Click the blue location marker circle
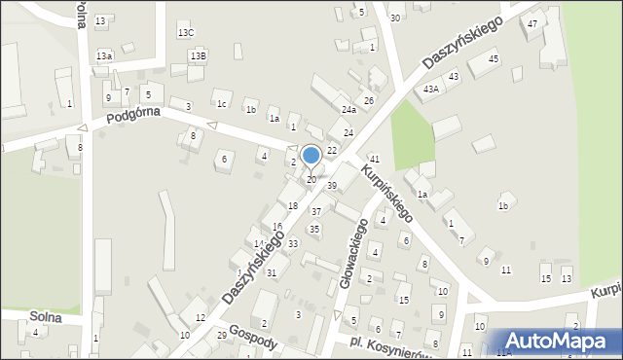click(x=311, y=155)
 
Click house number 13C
click(x=186, y=33)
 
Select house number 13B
click(x=198, y=56)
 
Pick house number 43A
click(x=430, y=89)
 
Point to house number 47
click(x=532, y=23)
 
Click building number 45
click(x=494, y=59)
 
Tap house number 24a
click(x=348, y=110)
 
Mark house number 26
click(x=369, y=101)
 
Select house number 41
click(x=374, y=159)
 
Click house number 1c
click(x=222, y=104)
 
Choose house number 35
click(x=313, y=229)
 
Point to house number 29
click(x=222, y=335)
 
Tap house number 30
click(x=394, y=18)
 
